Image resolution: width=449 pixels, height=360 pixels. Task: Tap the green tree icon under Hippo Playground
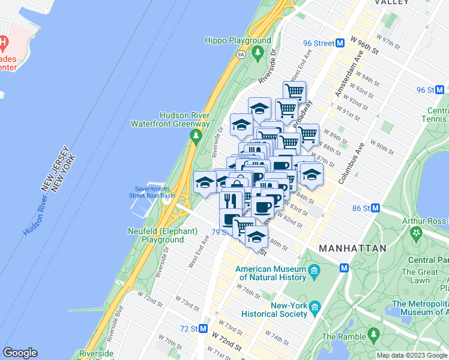point(258,53)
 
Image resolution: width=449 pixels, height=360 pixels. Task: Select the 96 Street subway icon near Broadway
point(340,43)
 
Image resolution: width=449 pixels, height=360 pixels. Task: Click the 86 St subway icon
point(376,208)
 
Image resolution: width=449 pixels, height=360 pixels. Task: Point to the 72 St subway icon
point(203,329)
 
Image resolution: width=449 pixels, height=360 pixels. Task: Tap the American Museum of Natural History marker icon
point(314,274)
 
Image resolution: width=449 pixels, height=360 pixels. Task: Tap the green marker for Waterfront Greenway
point(195,137)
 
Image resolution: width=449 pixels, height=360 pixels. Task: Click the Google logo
point(20,353)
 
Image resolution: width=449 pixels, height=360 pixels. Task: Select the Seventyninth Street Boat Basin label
point(154,191)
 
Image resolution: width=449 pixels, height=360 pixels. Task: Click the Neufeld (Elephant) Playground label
point(163,235)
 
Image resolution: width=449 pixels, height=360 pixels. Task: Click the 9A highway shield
point(241,55)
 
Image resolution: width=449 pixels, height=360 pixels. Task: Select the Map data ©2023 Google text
point(412,355)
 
